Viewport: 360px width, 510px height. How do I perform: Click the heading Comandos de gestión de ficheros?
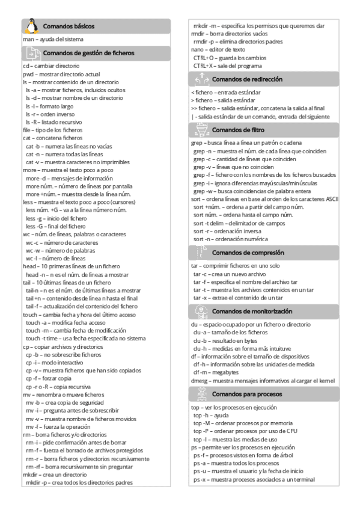point(89,52)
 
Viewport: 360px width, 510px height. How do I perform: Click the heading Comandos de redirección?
point(247,79)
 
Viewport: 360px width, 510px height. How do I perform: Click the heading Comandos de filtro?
point(238,129)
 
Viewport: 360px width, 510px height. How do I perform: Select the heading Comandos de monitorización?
point(252,312)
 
